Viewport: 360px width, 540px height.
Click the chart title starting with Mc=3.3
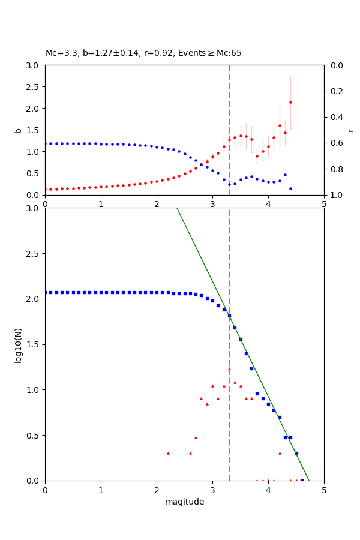point(143,53)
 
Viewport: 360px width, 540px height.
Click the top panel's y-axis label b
point(19,130)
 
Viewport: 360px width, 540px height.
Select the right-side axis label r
point(351,130)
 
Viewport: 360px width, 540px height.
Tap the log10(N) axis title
point(19,344)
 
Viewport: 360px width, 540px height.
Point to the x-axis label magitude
point(184,502)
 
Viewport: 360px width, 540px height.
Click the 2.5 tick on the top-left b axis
point(34,87)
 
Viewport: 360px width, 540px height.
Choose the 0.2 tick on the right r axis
point(335,91)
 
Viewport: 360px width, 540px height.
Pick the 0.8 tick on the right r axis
point(335,169)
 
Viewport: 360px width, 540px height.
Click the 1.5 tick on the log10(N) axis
point(34,344)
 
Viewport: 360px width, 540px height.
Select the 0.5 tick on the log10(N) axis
point(34,435)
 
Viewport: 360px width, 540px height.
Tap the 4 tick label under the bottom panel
point(268,491)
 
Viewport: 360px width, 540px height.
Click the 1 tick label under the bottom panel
point(101,491)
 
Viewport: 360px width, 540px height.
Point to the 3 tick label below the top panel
point(212,205)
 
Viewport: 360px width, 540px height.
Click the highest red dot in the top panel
point(290,102)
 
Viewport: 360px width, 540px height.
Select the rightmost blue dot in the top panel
point(290,188)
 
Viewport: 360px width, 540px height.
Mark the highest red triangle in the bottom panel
point(229,368)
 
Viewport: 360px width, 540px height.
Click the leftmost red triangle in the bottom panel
point(168,453)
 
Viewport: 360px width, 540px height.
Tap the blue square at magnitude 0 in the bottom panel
point(46,292)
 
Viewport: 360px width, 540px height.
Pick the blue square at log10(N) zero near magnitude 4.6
point(302,480)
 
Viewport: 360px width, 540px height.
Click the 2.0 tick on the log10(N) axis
point(34,299)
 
